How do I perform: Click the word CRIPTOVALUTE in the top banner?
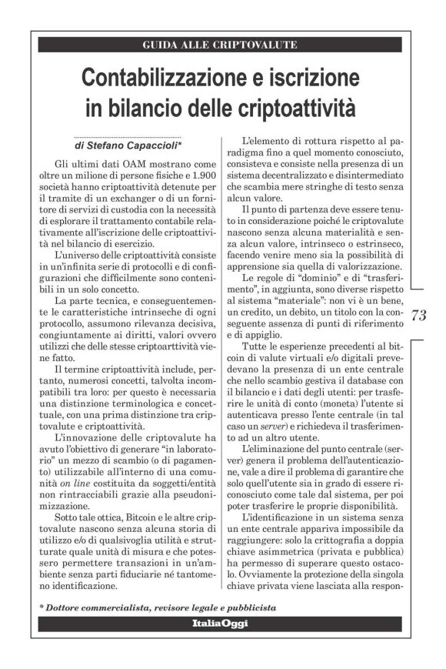tap(249, 45)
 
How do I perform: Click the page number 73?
tap(419, 315)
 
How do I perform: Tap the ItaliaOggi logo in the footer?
tap(219, 623)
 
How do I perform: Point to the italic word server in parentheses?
tap(269, 424)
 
